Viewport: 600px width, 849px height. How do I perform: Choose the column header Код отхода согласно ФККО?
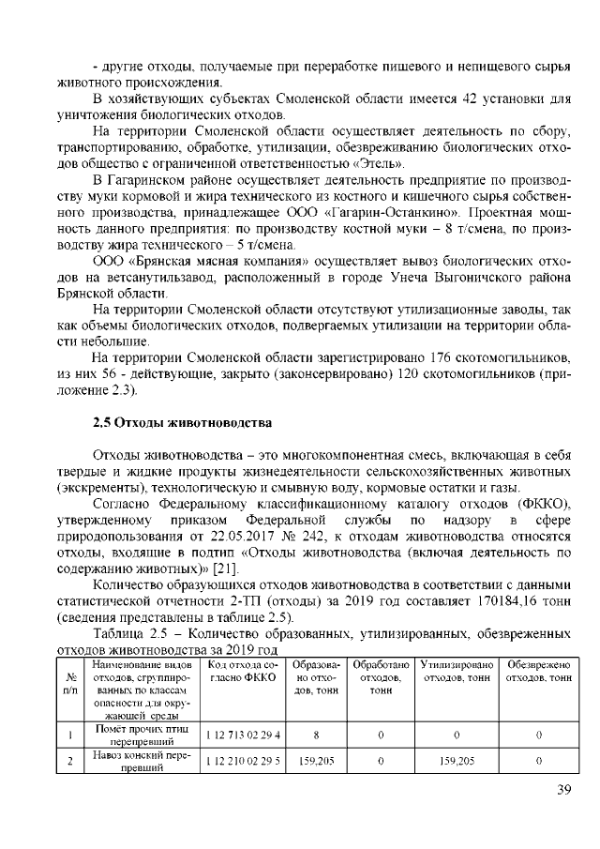pos(242,671)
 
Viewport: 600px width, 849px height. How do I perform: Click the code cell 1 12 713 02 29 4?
pos(242,735)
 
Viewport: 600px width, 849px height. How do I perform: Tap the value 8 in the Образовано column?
pos(317,735)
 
